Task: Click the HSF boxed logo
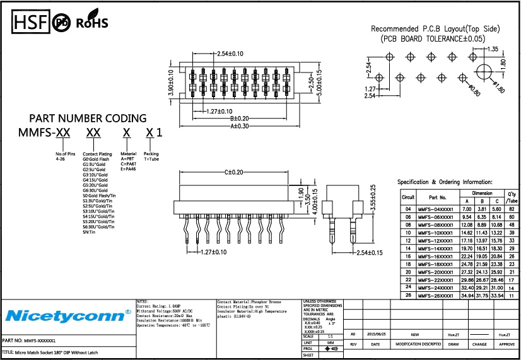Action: (x=30, y=23)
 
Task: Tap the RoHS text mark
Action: (x=92, y=24)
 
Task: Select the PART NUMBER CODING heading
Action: (x=88, y=119)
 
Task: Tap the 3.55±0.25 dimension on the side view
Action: (x=372, y=197)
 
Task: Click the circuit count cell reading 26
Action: (x=408, y=295)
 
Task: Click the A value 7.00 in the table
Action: (x=467, y=209)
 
